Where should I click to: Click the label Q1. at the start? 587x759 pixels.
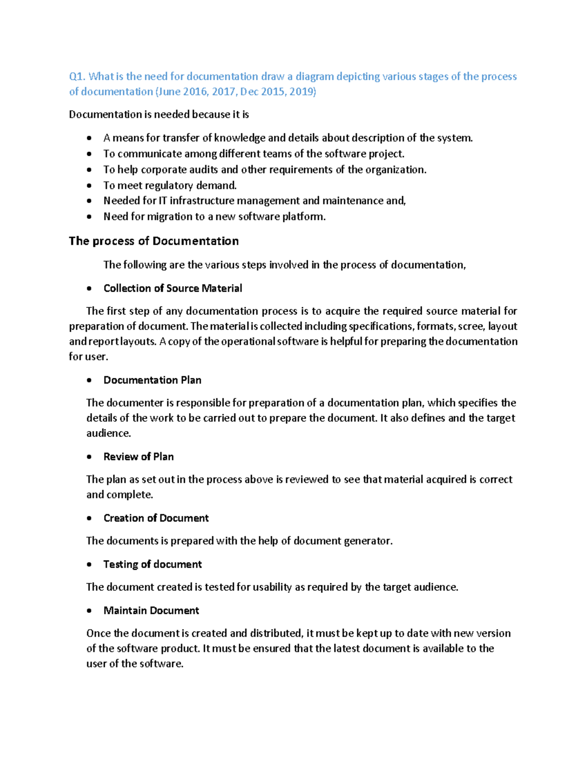[77, 77]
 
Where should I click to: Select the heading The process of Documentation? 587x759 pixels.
[154, 241]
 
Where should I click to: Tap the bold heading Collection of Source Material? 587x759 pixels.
[173, 288]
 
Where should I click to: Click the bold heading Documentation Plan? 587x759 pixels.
[152, 380]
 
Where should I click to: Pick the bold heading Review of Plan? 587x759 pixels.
[138, 457]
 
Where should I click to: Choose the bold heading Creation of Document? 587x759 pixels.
[156, 518]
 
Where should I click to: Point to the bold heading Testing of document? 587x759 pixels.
[152, 564]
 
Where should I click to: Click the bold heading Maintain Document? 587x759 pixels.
[151, 611]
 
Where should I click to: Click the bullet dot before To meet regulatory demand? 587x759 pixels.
[89, 186]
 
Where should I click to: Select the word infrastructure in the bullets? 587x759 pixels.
[202, 201]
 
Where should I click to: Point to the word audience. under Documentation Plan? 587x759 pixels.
[109, 434]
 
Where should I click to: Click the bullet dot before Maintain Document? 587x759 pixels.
[89, 611]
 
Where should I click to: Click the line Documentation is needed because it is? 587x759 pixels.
[159, 115]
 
